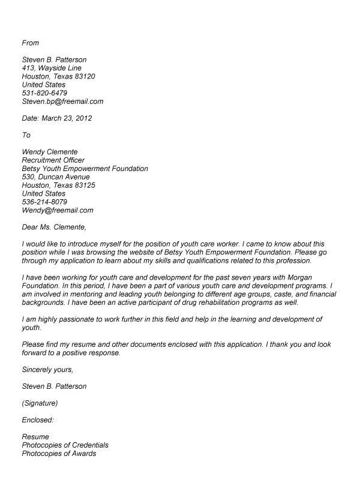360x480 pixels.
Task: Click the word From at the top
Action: pyautogui.click(x=30, y=43)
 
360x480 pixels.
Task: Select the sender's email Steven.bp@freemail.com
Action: pyautogui.click(x=62, y=101)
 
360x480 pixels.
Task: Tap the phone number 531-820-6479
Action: pyautogui.click(x=44, y=93)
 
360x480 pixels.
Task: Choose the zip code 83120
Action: pyautogui.click(x=83, y=76)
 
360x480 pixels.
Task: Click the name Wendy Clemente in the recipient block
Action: pyautogui.click(x=50, y=152)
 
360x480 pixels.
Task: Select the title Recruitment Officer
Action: pyautogui.click(x=53, y=160)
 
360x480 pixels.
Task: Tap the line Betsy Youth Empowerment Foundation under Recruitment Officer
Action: pyautogui.click(x=85, y=169)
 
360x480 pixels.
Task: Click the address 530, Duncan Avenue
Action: pyautogui.click(x=56, y=177)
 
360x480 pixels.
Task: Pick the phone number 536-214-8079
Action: pyautogui.click(x=44, y=202)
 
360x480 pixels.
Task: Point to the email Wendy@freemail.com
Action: pyautogui.click(x=58, y=211)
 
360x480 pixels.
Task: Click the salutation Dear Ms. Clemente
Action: pyautogui.click(x=54, y=227)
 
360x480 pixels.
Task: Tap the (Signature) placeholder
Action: pyautogui.click(x=40, y=403)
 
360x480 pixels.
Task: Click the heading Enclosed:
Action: pyautogui.click(x=38, y=419)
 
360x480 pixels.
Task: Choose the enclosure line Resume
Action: pyautogui.click(x=35, y=436)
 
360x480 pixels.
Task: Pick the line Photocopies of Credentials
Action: pyautogui.click(x=65, y=445)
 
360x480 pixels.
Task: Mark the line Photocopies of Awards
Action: pyautogui.click(x=59, y=453)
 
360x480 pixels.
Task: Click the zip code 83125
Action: pyautogui.click(x=83, y=185)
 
